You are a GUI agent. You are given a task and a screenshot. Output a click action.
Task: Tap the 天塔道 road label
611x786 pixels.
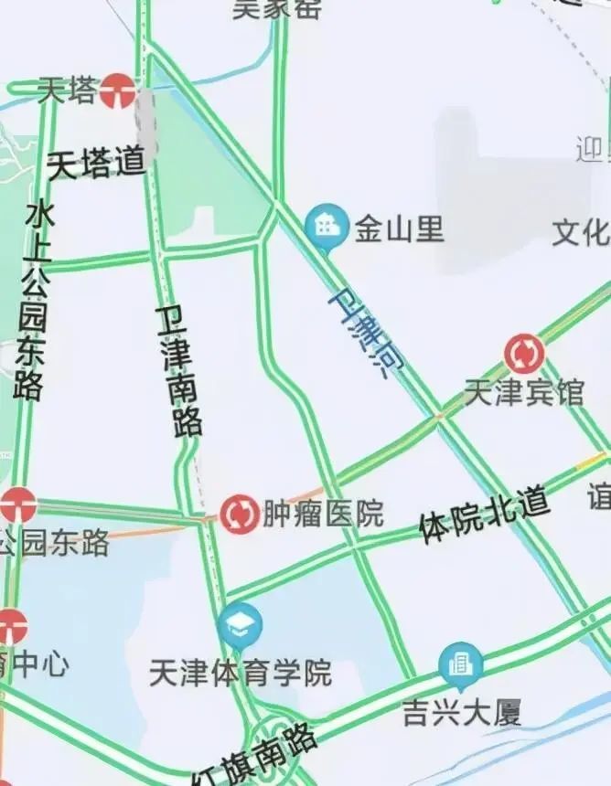pyautogui.click(x=96, y=164)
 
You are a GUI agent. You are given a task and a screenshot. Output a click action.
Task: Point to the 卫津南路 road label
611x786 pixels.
pyautogui.click(x=179, y=370)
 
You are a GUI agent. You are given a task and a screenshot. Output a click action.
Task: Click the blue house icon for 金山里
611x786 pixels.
pyautogui.click(x=327, y=225)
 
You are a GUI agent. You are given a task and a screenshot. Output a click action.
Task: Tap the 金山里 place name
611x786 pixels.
pyautogui.click(x=400, y=228)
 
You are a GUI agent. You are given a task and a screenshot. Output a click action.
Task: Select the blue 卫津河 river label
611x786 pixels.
pyautogui.click(x=365, y=333)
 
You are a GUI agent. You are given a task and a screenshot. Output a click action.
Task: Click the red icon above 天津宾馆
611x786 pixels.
pyautogui.click(x=525, y=354)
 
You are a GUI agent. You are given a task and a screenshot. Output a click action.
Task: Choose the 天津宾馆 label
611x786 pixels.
pyautogui.click(x=523, y=392)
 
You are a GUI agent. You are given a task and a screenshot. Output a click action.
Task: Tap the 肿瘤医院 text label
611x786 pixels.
pyautogui.click(x=323, y=514)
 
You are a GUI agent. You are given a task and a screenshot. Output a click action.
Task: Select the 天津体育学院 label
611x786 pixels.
pyautogui.click(x=241, y=674)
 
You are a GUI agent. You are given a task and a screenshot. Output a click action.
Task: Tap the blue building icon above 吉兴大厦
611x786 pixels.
pyautogui.click(x=460, y=664)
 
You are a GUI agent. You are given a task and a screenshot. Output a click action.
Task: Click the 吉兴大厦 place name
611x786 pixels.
pyautogui.click(x=461, y=712)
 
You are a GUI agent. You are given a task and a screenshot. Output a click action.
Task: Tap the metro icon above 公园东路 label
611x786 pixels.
pyautogui.click(x=16, y=504)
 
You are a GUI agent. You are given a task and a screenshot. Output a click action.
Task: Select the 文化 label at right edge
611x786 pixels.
pyautogui.click(x=582, y=232)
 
